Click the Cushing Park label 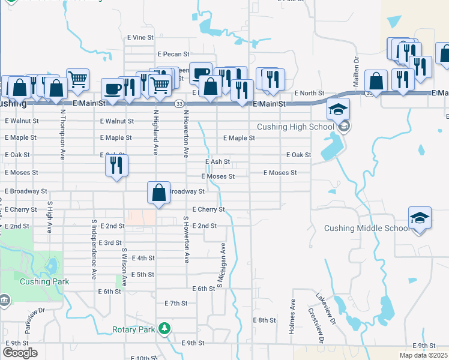click(x=44, y=281)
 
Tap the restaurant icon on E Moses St click(x=116, y=164)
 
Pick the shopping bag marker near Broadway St click(x=158, y=193)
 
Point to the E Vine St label click(x=140, y=37)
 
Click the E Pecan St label click(x=173, y=55)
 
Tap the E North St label click(x=309, y=94)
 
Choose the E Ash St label click(x=217, y=162)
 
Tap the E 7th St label click(x=176, y=304)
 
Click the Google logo click(x=20, y=353)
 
